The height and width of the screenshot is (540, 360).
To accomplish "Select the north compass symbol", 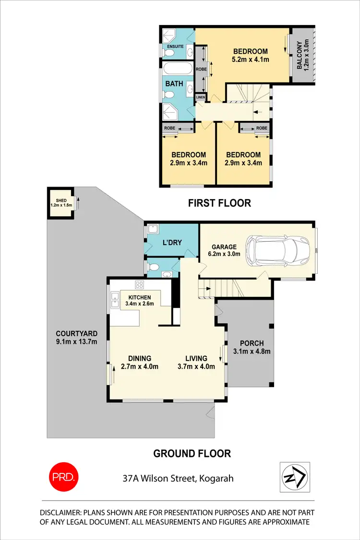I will pyautogui.click(x=294, y=477).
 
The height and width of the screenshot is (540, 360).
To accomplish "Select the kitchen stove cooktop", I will pyautogui.click(x=140, y=285).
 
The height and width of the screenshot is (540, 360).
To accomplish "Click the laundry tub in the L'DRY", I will pyautogui.click(x=153, y=229).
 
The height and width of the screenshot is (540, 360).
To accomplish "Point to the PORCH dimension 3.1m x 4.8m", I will pyautogui.click(x=252, y=351).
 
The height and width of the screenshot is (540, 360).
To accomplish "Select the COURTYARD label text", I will pyautogui.click(x=76, y=334).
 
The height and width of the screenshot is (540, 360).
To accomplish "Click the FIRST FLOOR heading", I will pyautogui.click(x=219, y=203).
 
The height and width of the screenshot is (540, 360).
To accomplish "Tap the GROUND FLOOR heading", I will pyautogui.click(x=192, y=453).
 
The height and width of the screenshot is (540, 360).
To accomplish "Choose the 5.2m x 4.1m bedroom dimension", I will pyautogui.click(x=250, y=60).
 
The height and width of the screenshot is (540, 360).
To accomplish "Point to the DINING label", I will pyautogui.click(x=140, y=358).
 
